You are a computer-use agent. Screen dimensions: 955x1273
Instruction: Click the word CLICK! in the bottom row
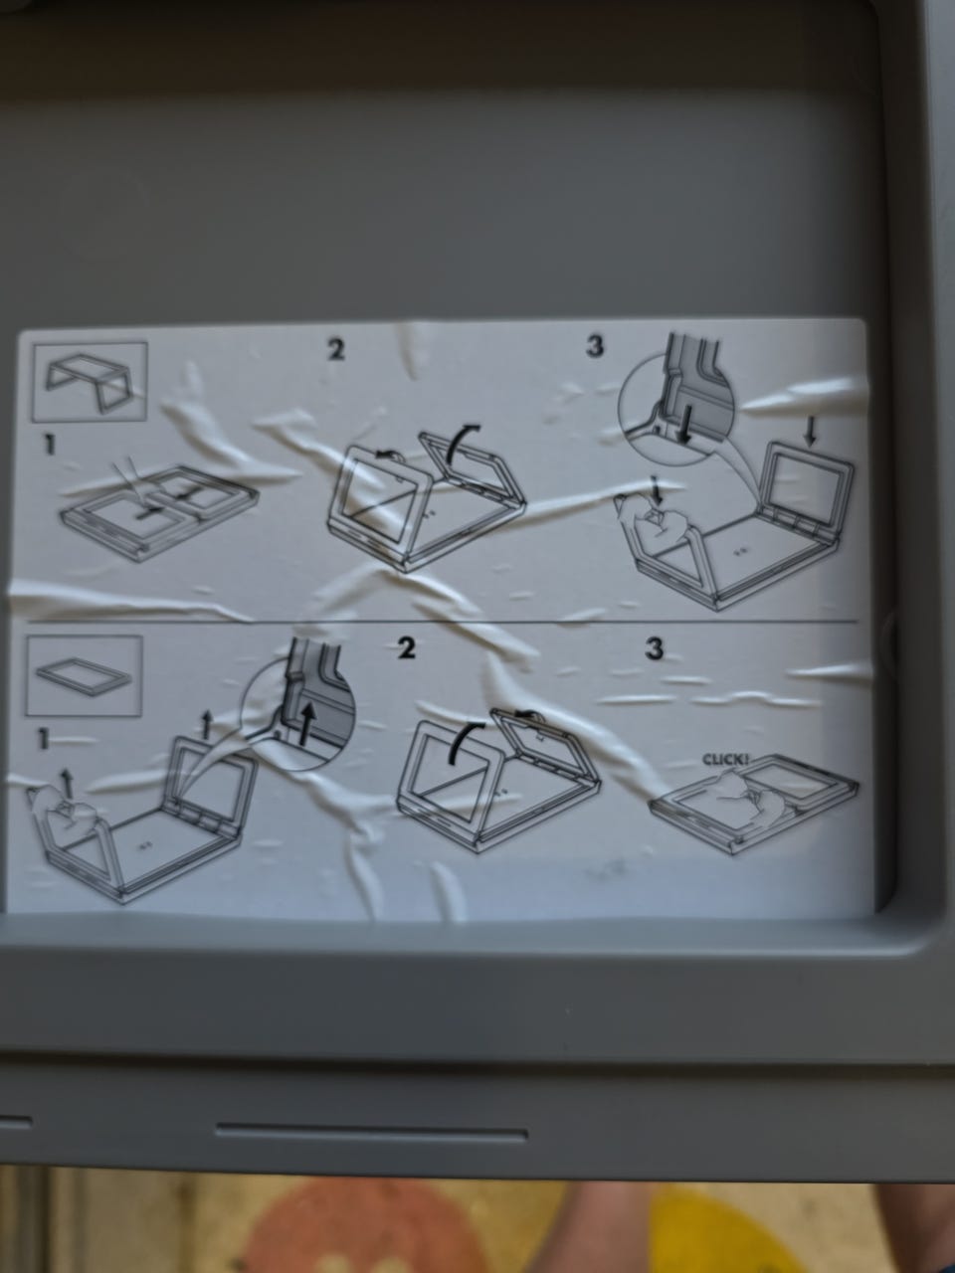point(726,759)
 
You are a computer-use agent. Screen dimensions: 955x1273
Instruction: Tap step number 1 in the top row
point(50,445)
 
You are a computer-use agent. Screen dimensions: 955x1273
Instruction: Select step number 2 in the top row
point(335,350)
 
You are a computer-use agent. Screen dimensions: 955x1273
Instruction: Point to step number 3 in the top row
point(595,346)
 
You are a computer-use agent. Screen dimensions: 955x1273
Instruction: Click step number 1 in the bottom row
point(43,739)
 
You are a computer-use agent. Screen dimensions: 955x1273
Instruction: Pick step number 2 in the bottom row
point(407,648)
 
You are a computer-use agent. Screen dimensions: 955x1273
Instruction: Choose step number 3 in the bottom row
point(654,649)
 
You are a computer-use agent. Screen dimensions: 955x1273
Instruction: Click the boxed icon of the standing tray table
point(90,381)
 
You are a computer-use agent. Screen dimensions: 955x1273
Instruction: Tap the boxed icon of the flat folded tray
point(85,675)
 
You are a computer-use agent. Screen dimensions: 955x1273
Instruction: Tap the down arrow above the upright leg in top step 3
point(811,432)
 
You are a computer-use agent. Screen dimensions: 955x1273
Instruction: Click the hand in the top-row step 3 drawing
point(653,515)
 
